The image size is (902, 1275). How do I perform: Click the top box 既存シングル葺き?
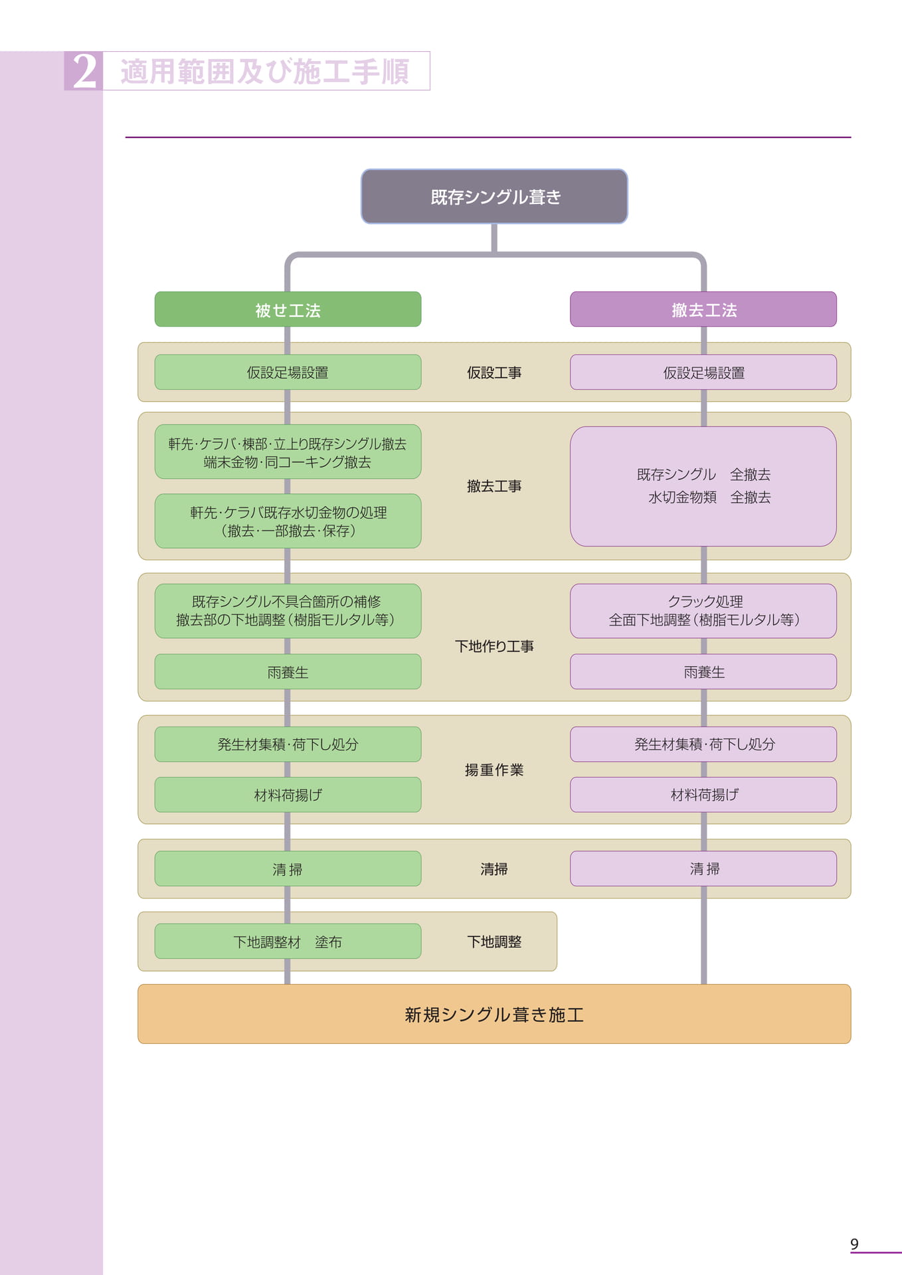[x=494, y=197]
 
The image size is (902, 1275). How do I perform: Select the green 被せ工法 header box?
[x=288, y=309]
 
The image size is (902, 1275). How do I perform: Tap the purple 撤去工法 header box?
[x=703, y=309]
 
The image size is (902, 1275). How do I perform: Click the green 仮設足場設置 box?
[x=288, y=372]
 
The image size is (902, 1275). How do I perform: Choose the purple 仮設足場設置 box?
[x=703, y=372]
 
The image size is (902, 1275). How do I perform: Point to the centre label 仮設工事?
[x=494, y=373]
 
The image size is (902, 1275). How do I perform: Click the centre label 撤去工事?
[x=494, y=486]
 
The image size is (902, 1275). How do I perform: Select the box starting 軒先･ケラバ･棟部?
[x=288, y=452]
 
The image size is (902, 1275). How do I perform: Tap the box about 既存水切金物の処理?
[x=288, y=521]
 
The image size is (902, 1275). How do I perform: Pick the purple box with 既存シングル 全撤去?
[x=703, y=486]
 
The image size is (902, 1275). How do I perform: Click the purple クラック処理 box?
[x=703, y=611]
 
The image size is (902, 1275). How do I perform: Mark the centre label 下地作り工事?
[x=494, y=646]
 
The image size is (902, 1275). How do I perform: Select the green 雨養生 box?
[x=288, y=671]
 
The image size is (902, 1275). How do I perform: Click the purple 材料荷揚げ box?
[x=703, y=794]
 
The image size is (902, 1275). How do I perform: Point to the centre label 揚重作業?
[x=494, y=770]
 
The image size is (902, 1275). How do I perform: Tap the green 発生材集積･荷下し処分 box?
[x=288, y=744]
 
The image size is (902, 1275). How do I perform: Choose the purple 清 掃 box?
[x=703, y=869]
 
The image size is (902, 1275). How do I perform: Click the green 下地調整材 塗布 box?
[x=288, y=941]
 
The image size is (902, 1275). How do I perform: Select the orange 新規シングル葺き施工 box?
[x=494, y=1014]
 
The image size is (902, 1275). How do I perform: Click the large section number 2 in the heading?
[x=84, y=71]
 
